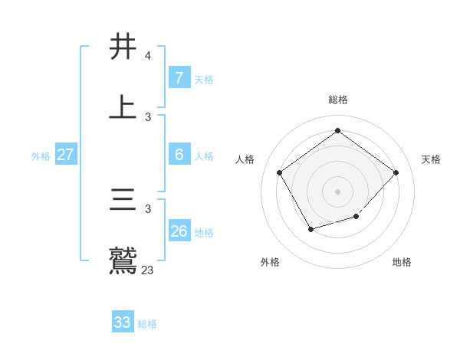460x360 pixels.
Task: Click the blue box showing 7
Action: [x=179, y=78]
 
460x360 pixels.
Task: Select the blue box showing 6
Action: [x=179, y=155]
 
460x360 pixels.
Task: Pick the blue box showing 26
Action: [x=179, y=231]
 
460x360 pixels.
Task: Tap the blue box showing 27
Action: [x=65, y=155]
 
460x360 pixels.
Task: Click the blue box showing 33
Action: [x=122, y=322]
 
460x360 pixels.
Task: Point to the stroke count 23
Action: [x=148, y=270]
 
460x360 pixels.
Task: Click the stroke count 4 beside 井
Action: [x=147, y=56]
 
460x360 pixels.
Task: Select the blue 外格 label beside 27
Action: [x=41, y=156]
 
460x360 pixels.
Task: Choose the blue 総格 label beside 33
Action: [x=147, y=324]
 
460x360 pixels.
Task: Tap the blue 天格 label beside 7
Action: [x=204, y=80]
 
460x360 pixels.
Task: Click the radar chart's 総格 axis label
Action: [x=338, y=100]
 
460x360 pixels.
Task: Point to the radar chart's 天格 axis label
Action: [x=431, y=159]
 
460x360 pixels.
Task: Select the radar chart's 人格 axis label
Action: [x=245, y=159]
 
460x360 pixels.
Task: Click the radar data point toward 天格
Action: [x=396, y=172]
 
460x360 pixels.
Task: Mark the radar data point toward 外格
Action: [x=310, y=229]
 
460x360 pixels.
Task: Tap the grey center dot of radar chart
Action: [x=338, y=191]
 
